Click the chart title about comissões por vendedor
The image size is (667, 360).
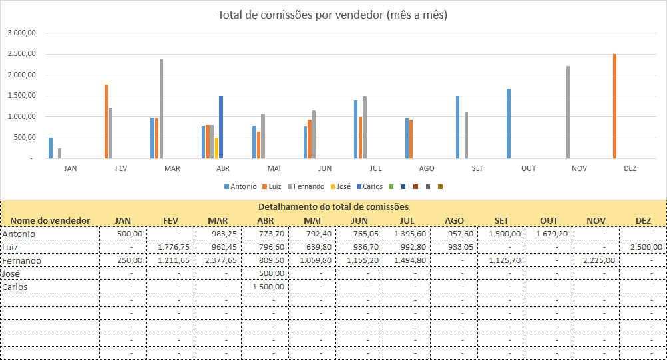pyautogui.click(x=332, y=15)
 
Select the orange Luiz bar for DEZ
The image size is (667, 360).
pyautogui.click(x=614, y=106)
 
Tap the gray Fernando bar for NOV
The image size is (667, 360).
pyautogui.click(x=568, y=112)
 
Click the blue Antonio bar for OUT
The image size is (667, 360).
pyautogui.click(x=509, y=123)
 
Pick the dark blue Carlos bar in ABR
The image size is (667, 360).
pyautogui.click(x=221, y=127)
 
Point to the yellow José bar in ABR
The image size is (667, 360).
pyautogui.click(x=216, y=148)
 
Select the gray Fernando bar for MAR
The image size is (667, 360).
pyautogui.click(x=161, y=108)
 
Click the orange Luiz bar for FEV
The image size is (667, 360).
pyautogui.click(x=106, y=121)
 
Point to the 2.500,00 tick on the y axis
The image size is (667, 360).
pyautogui.click(x=23, y=54)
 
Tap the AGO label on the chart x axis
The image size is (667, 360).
pyautogui.click(x=426, y=169)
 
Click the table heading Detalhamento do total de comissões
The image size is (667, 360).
pyautogui.click(x=333, y=207)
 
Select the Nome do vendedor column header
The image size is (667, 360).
pyautogui.click(x=50, y=220)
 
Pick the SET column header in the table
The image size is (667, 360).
pyautogui.click(x=502, y=220)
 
